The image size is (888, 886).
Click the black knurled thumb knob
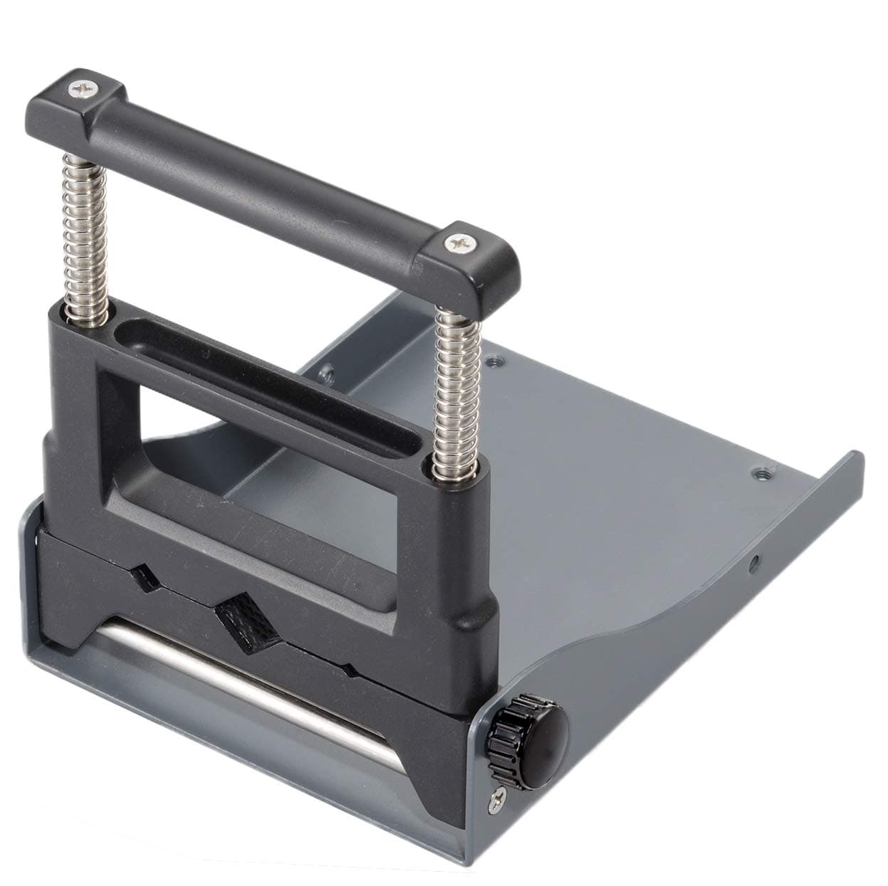tap(534, 733)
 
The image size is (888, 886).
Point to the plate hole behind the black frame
tap(326, 370)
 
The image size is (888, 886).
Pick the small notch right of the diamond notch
tap(347, 670)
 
